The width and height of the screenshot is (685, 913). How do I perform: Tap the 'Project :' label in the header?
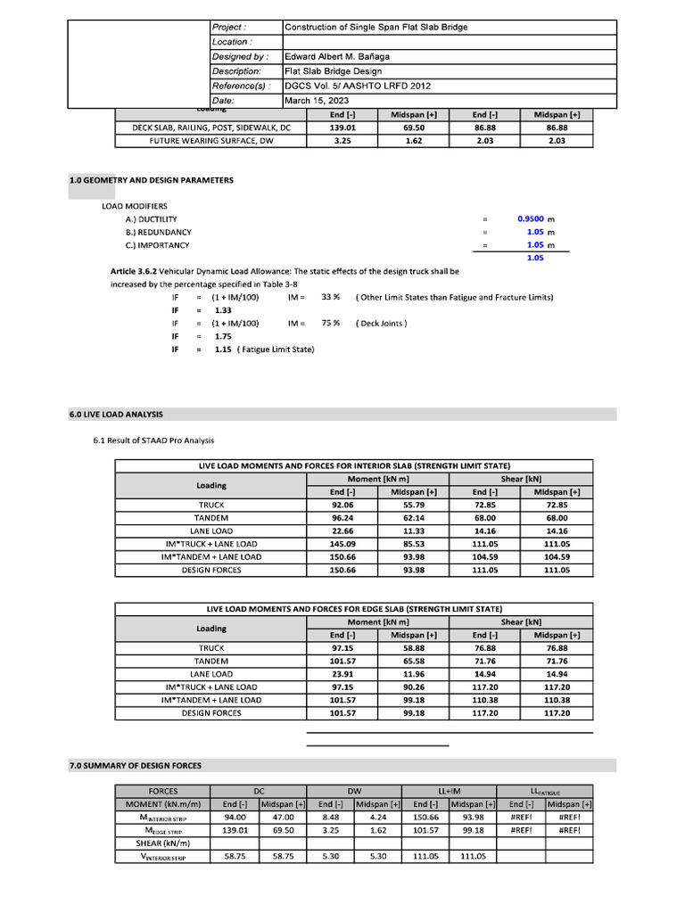tap(229, 27)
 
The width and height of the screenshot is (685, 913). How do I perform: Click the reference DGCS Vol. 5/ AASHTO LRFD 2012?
tap(357, 86)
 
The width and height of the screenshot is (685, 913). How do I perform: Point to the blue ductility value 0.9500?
tap(531, 218)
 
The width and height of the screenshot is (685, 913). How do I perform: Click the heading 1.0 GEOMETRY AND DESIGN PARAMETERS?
tap(152, 180)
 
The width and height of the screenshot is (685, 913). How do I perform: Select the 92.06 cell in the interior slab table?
tap(342, 505)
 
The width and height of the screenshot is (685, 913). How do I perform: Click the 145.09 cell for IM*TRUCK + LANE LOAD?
tap(342, 544)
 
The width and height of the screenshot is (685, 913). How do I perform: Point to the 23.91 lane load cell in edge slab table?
tap(342, 674)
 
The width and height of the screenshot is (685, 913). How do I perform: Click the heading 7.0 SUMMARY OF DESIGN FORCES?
tap(136, 765)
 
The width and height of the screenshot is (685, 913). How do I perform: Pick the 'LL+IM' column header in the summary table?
tap(449, 791)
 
